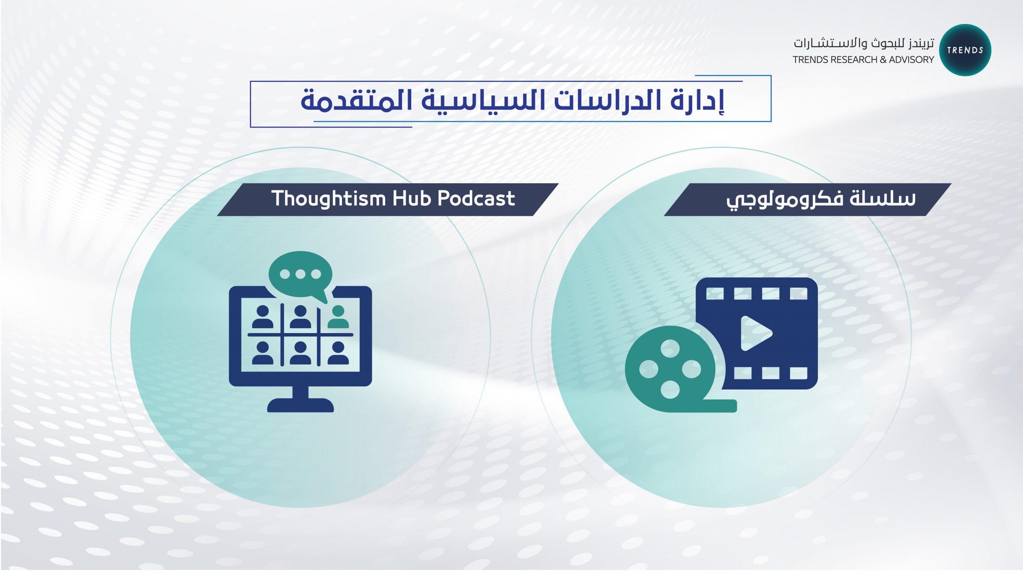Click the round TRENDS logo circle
coord(965,50)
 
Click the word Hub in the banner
coord(412,198)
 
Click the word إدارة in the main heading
coord(697,101)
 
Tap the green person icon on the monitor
coord(338,317)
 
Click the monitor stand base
coord(301,405)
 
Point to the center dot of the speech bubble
coord(301,274)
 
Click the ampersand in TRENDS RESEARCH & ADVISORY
coord(883,60)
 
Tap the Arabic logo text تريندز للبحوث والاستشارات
coord(864,43)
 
